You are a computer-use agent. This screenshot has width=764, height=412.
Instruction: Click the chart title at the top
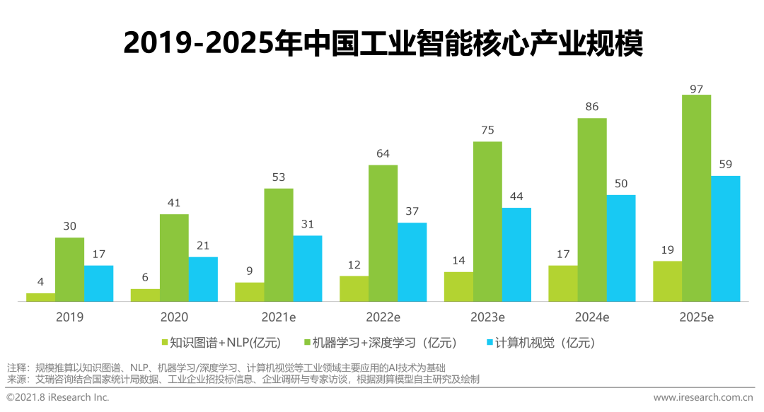pos(383,43)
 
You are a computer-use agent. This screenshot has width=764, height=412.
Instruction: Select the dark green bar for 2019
pos(69,269)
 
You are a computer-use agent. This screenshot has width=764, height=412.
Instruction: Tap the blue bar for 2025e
pos(726,239)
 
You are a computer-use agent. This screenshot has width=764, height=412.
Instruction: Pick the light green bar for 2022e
pos(354,289)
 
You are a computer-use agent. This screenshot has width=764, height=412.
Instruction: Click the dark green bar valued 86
pos(592,210)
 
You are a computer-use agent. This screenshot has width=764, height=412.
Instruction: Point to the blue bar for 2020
pos(203,279)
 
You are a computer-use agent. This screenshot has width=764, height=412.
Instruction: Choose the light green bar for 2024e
pos(563,283)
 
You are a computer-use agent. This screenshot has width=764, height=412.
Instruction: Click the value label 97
pos(696,89)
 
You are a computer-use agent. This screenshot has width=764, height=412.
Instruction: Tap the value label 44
pos(516,196)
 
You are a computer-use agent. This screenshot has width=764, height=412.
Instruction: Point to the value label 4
pos(40,282)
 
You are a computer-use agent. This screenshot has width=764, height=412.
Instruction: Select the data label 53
pos(279,177)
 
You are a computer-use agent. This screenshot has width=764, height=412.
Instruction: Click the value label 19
pos(668,250)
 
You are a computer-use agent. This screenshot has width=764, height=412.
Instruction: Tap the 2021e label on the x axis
pos(279,317)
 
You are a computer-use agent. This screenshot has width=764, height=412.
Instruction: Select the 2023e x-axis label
pos(487,317)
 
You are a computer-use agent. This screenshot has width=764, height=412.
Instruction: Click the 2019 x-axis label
pos(69,317)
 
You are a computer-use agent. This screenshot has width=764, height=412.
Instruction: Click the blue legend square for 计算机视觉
pos(490,342)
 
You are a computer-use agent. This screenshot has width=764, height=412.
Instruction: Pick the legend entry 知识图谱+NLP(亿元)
pos(221,343)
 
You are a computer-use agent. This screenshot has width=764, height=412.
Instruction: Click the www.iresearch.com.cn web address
pos(703,397)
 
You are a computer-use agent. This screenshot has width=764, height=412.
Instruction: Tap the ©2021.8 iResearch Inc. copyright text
pos(58,397)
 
